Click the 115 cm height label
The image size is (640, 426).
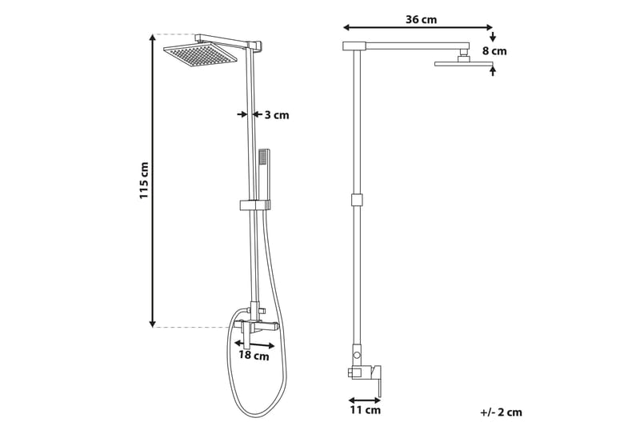tap(145, 181)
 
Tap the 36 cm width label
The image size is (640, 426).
tap(421, 19)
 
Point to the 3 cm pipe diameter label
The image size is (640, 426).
tap(277, 115)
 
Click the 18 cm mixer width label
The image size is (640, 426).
tap(254, 356)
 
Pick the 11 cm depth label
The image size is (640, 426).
tap(366, 411)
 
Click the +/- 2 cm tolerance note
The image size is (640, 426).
tap(501, 412)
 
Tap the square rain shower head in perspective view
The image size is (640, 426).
tap(201, 55)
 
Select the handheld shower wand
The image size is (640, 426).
tap(264, 172)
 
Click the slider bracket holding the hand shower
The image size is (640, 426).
tap(255, 205)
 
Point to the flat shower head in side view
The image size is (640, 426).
tap(463, 63)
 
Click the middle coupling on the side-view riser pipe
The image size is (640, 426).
tap(357, 200)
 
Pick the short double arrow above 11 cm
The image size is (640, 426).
tap(365, 400)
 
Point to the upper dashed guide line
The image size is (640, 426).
tap(176, 34)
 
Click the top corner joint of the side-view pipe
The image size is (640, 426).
tap(354, 46)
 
